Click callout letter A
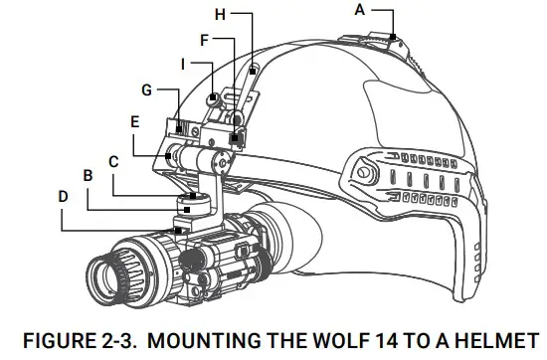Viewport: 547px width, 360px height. pyautogui.click(x=359, y=9)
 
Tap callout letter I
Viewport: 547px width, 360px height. pyautogui.click(x=183, y=62)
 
